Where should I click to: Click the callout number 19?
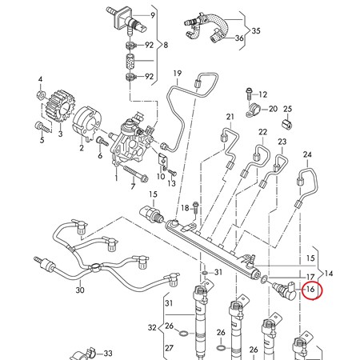click(177, 74)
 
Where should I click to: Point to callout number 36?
click(240, 38)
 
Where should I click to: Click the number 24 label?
click(307, 154)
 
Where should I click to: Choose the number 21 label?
click(230, 118)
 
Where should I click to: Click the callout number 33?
click(107, 352)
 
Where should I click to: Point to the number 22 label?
click(262, 131)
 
